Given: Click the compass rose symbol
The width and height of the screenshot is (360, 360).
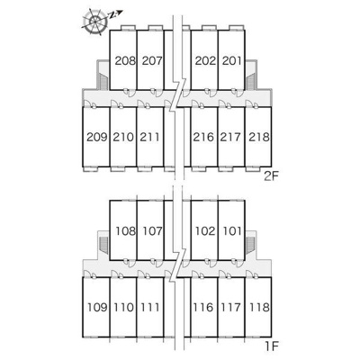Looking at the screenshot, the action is coord(95,22).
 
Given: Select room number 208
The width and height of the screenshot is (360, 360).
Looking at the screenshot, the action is coord(126,61).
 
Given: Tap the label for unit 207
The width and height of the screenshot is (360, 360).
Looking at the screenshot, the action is coord(152,61).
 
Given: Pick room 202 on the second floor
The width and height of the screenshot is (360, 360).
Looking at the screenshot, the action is coord(205,61).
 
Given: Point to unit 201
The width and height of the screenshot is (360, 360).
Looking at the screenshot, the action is coord(232,61).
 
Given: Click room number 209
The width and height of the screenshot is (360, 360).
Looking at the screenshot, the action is coord(97,137).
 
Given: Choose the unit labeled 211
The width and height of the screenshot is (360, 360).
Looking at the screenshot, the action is coord(149,137).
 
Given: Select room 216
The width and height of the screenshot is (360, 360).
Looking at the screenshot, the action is coord(203,137).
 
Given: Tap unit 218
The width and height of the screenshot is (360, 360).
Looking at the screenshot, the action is coord(259,137).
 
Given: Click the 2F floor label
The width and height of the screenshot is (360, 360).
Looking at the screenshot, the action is coord(272,176).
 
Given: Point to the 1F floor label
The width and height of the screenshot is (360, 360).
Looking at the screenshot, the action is coord(272,346).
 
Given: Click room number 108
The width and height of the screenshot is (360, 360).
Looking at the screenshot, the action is coord(126,231).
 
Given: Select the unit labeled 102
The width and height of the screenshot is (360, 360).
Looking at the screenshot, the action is coord(205,231).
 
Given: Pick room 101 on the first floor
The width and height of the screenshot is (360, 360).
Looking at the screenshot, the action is coord(232,231).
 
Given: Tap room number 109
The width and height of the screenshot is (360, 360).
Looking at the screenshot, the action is coord(97,307).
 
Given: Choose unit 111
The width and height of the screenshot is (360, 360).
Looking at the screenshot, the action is coord(149,307).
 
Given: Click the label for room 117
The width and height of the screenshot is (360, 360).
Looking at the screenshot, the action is coord(230,307).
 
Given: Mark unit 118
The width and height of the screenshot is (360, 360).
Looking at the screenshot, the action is coord(259,307).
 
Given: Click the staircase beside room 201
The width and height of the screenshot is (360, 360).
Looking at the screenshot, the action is coord(251,81).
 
